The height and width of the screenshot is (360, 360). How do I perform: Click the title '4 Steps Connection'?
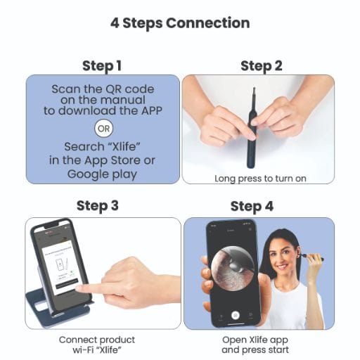pyautogui.click(x=180, y=23)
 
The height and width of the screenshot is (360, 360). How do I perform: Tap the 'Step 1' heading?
pyautogui.click(x=102, y=66)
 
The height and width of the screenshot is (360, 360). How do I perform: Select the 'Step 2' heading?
pyautogui.click(x=262, y=66)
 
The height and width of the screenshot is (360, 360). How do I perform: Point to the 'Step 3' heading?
pyautogui.click(x=98, y=206)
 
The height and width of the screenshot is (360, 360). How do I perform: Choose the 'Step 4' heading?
pyautogui.click(x=252, y=207)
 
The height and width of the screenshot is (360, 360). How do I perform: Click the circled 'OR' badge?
pyautogui.click(x=103, y=129)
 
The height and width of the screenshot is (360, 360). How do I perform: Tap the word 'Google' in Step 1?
pyautogui.click(x=88, y=174)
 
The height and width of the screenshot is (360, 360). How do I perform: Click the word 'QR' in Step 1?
pyautogui.click(x=113, y=89)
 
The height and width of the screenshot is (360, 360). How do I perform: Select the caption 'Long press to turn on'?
pyautogui.click(x=260, y=179)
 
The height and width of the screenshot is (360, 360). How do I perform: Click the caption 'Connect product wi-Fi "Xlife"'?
pyautogui.click(x=97, y=345)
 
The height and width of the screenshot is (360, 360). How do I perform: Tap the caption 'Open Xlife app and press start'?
pyautogui.click(x=255, y=345)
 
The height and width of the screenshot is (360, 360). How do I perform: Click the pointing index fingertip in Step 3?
pyautogui.click(x=79, y=288)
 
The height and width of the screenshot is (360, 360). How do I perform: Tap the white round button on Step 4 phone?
pyautogui.click(x=236, y=315)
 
